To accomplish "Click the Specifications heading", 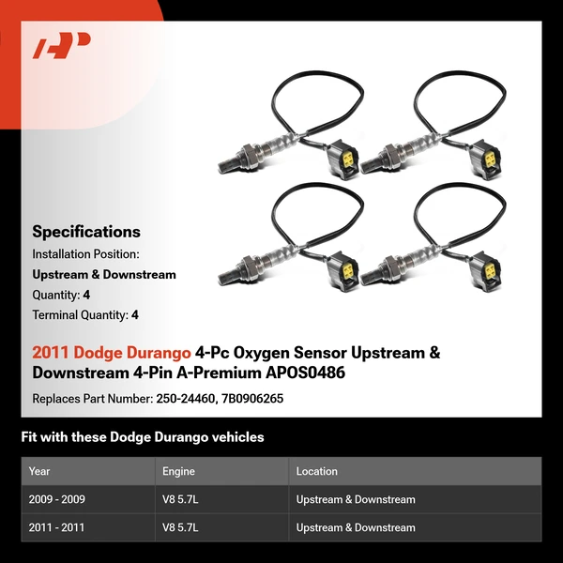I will pos(86,232).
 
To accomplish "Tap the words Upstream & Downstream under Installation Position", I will pos(104,275).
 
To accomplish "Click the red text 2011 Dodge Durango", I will pos(112,354).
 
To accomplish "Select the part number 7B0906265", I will pos(253,399).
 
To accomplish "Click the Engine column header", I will pos(179,471).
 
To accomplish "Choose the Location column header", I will pos(317,471).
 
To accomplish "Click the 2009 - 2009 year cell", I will pos(57,499).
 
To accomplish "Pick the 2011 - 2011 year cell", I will pos(57,527).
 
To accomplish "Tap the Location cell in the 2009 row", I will pos(356,499).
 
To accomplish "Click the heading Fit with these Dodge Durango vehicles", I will pos(143,437).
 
